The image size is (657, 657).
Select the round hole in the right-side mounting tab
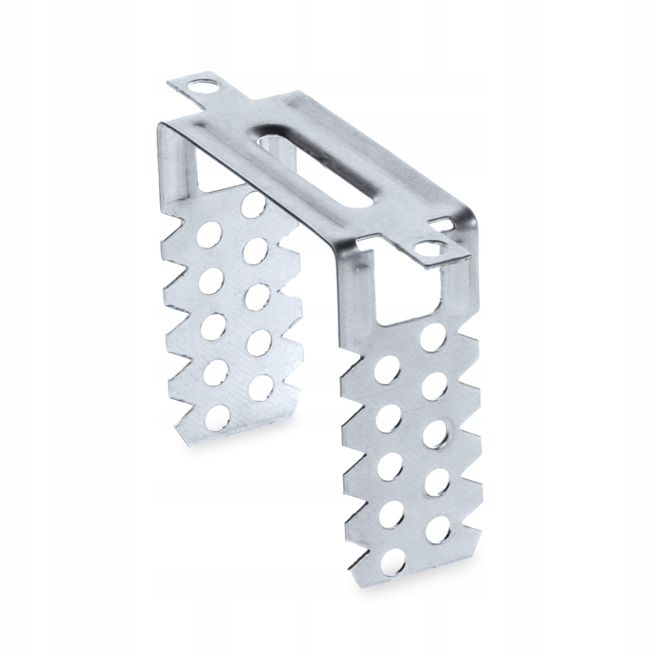point(428,249)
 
